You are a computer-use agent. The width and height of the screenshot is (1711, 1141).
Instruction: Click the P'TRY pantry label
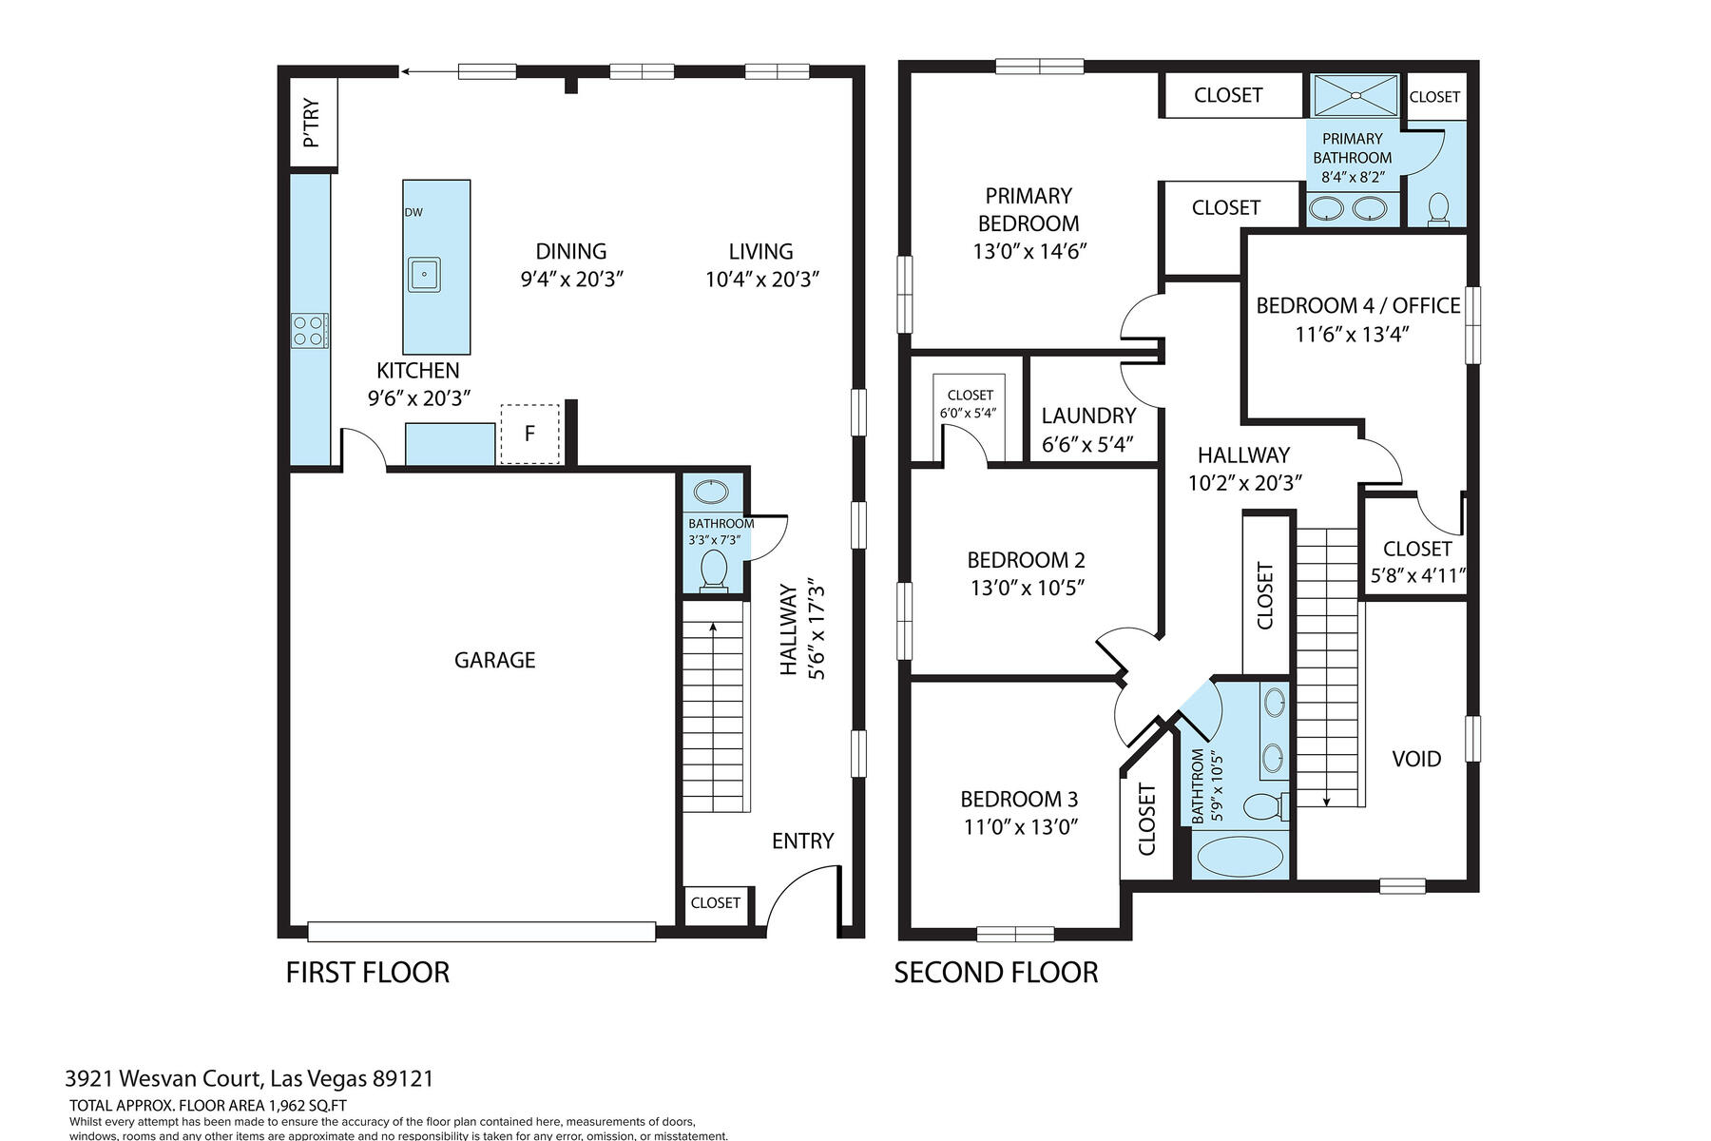tap(311, 124)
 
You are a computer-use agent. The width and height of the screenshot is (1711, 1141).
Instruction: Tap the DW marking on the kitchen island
tap(413, 212)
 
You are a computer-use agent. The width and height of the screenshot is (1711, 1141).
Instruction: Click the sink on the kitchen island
tap(424, 275)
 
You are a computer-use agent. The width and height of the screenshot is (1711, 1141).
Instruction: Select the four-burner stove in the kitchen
tap(310, 331)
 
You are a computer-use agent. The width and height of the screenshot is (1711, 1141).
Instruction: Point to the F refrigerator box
tap(529, 434)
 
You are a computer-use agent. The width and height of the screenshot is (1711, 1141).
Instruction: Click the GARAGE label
tap(494, 660)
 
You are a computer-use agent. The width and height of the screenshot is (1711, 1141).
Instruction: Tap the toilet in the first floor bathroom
tap(713, 571)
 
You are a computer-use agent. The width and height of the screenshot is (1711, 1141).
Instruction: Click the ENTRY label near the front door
tap(802, 841)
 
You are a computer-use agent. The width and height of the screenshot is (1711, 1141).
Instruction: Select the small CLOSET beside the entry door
tap(715, 902)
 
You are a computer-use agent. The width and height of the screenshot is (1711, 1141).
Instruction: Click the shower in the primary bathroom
tap(1355, 96)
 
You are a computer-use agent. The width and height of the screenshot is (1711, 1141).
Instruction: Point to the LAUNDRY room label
tap(1088, 416)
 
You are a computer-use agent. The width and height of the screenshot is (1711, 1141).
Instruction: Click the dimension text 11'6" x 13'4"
tap(1351, 335)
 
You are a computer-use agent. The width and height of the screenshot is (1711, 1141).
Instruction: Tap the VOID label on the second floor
tap(1416, 759)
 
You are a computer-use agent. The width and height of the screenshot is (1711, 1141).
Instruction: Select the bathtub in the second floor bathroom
tap(1240, 854)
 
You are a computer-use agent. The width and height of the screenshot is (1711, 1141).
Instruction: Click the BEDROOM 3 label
tap(1019, 799)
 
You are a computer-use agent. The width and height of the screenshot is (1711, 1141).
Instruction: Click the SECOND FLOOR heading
tap(995, 973)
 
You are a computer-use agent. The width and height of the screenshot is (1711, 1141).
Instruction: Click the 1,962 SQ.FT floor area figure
tap(308, 1106)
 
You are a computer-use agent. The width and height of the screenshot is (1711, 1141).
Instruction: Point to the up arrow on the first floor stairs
tap(713, 630)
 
